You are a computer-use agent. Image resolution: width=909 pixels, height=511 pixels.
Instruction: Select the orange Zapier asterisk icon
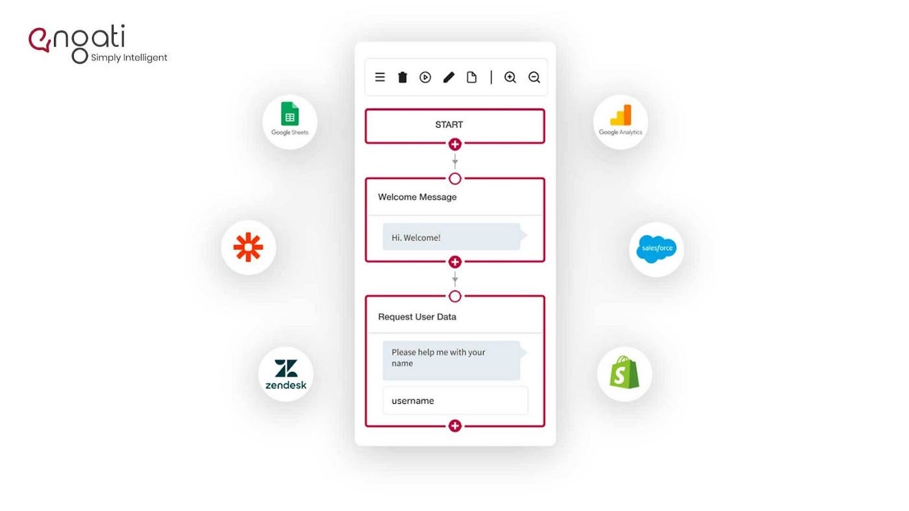248,247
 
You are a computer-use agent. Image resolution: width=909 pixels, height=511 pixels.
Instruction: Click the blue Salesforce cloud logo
656,249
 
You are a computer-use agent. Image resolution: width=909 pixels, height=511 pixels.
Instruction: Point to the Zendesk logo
286,375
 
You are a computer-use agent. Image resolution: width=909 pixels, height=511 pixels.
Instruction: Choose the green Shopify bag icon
624,373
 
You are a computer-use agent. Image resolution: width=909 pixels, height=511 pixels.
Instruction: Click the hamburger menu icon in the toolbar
380,77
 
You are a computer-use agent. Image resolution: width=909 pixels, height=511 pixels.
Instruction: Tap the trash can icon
403,77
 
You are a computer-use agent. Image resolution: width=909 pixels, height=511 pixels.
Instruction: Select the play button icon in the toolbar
425,77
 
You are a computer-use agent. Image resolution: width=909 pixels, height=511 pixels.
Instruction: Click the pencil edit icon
449,77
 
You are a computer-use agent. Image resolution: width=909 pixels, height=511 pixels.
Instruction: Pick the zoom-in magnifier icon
510,77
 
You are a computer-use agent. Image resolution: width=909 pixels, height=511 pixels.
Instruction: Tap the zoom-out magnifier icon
534,77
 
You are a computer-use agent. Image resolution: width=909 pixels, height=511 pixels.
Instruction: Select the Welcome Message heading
417,197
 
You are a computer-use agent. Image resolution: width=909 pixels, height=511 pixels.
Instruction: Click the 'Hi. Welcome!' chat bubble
452,237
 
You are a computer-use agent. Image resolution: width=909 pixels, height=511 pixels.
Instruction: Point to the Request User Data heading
417,317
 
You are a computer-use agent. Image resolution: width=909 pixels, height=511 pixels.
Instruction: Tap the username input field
454,401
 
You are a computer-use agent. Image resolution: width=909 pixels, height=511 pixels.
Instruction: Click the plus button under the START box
454,144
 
